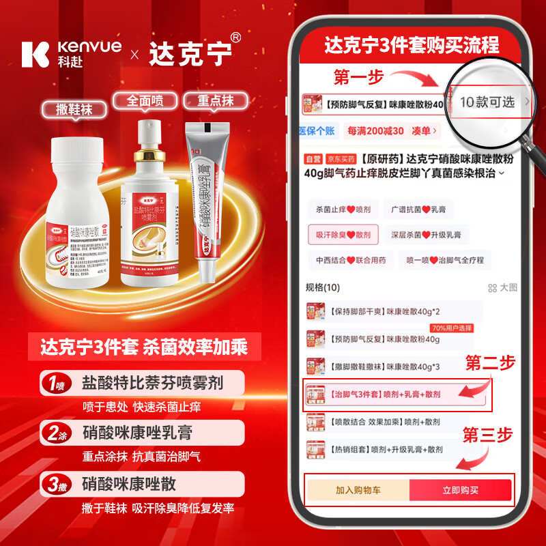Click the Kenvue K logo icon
coord(35,54)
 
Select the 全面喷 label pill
coord(145,101)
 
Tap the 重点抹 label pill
coord(215,101)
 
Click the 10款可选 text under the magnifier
coord(487,102)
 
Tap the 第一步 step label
coord(359,76)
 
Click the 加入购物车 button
coord(358,490)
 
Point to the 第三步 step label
coord(489,433)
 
